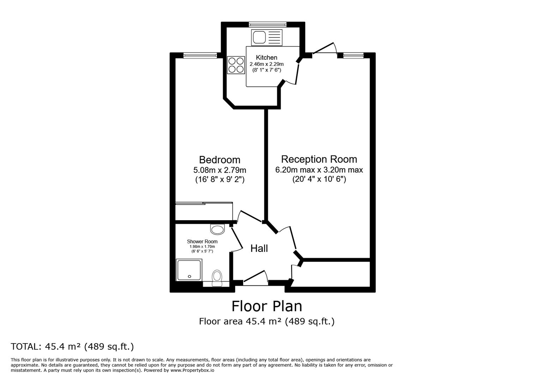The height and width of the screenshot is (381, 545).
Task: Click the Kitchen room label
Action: coord(266,58)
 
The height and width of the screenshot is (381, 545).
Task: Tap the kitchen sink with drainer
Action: coord(266,37)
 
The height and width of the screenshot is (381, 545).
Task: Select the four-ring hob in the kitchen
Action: coord(236,65)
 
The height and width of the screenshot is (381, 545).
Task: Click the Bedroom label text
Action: coord(220,160)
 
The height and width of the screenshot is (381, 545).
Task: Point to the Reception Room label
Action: coord(319,159)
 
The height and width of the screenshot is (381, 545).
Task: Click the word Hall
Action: coord(259,248)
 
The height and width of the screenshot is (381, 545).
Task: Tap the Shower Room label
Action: coord(202,242)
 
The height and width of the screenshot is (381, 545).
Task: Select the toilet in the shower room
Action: coord(217,278)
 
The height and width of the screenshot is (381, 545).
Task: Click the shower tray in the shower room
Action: coord(189,270)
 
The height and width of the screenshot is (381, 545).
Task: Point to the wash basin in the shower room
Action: coord(217,229)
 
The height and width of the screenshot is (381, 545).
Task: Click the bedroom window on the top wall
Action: coord(200,55)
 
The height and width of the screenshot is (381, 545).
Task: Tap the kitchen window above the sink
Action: coord(267,24)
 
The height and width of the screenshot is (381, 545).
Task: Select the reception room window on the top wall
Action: coord(353,55)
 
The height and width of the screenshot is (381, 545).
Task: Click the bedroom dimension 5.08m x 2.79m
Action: coord(220,170)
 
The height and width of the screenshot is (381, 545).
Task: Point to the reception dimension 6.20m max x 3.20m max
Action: coord(319,170)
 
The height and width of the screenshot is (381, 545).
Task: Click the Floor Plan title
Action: coord(266,306)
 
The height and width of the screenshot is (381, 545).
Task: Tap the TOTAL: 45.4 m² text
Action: coord(72,346)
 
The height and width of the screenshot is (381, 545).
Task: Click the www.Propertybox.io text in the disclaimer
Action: coord(192,370)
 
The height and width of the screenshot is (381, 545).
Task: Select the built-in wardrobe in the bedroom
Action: coord(204,211)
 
